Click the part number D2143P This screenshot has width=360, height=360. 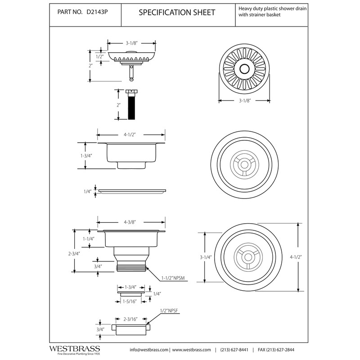[97, 12]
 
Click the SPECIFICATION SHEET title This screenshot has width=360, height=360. [177, 13]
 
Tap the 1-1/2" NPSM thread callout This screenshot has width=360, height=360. [173, 278]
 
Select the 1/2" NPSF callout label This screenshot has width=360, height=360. [169, 311]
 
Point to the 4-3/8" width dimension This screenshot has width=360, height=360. [130, 222]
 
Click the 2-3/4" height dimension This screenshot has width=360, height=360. [74, 254]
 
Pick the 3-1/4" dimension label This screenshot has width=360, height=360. [206, 257]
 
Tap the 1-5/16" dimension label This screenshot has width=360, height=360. [130, 301]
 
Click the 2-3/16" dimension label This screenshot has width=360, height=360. [130, 319]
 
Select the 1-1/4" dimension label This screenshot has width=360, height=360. [89, 239]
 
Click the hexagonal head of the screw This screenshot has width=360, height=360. [131, 91]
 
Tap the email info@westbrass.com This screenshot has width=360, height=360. [149, 350]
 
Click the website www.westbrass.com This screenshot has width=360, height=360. [192, 350]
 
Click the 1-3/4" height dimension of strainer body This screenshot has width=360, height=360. [86, 156]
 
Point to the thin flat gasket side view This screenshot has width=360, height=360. [132, 191]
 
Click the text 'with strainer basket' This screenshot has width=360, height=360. [260, 15]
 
